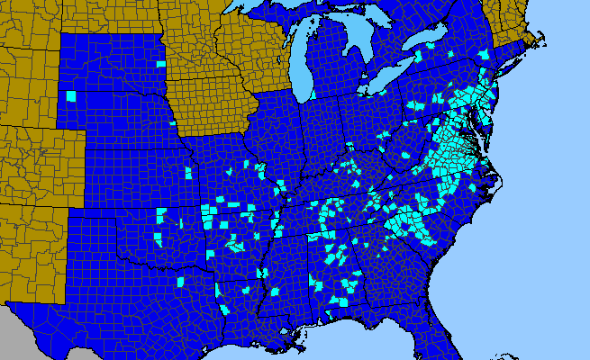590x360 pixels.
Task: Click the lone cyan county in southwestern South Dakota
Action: (71, 96)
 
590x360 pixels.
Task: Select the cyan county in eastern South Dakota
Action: (161, 64)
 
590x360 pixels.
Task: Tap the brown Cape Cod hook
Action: (541, 40)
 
